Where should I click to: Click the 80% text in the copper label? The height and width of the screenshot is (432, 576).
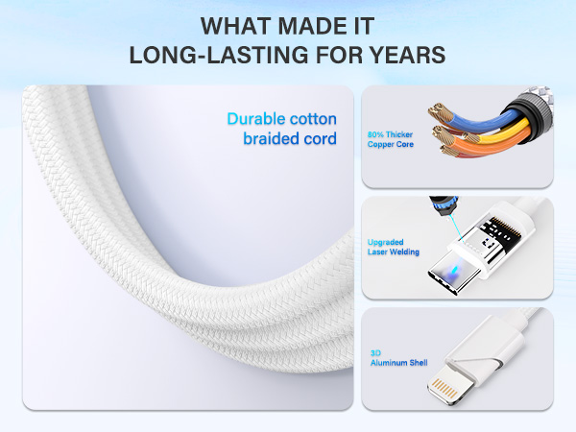376,134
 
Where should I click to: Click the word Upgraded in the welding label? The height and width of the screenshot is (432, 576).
386,243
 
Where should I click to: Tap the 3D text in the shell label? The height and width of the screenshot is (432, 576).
374,353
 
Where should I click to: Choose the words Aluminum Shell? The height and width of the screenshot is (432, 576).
398,363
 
